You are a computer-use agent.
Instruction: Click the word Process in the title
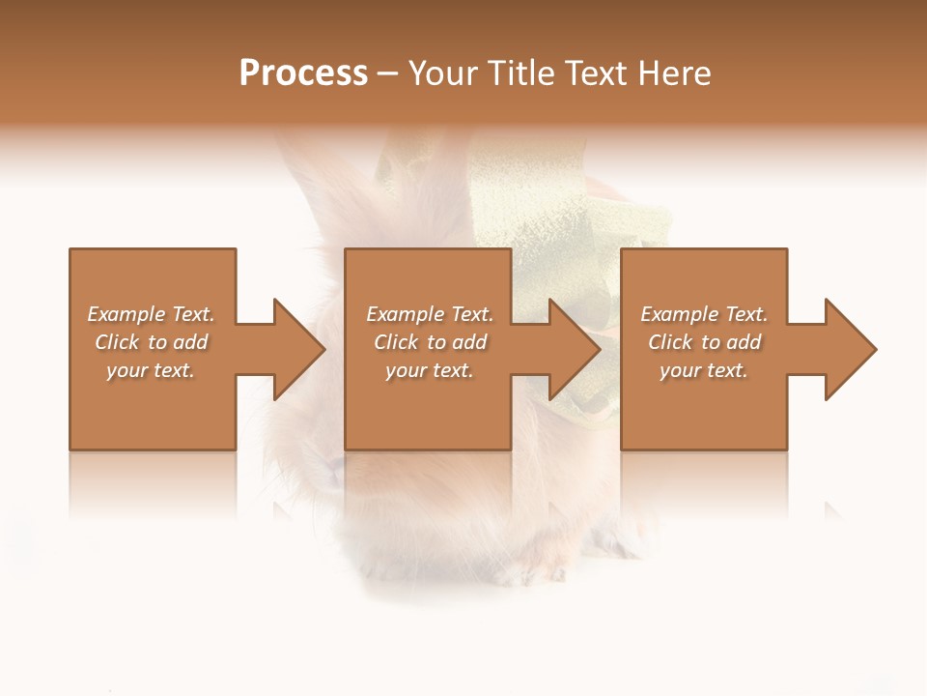coord(303,73)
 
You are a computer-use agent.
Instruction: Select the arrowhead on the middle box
coord(574,349)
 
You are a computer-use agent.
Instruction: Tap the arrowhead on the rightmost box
coord(850,349)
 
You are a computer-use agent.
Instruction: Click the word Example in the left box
coord(126,314)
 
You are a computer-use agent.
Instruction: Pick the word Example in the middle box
coord(406,314)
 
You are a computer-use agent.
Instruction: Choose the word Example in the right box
coord(680,314)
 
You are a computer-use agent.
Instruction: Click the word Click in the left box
coord(117,342)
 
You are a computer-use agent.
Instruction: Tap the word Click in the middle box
coord(396,342)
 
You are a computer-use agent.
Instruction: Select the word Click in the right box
coord(670,342)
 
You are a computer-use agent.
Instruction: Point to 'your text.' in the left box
coord(151,370)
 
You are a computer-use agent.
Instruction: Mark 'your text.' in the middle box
coord(430,370)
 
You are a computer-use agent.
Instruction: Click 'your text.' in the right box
coord(704,370)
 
